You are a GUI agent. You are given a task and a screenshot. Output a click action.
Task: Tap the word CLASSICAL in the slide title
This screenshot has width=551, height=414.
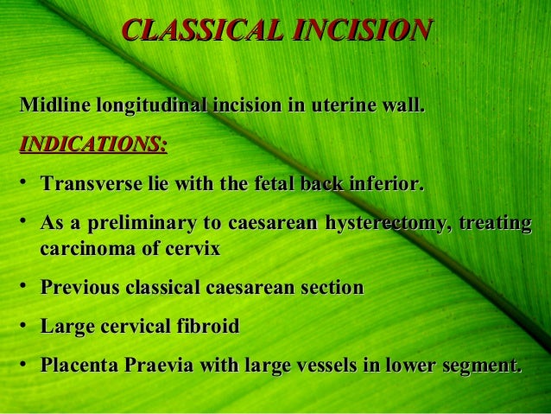pos(204,31)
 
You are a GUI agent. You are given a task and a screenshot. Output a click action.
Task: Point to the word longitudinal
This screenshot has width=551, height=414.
pos(152,107)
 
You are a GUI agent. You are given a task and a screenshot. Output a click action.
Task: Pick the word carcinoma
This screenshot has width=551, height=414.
pos(90,250)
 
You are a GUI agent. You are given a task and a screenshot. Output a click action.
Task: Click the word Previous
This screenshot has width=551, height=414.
pos(79,288)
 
